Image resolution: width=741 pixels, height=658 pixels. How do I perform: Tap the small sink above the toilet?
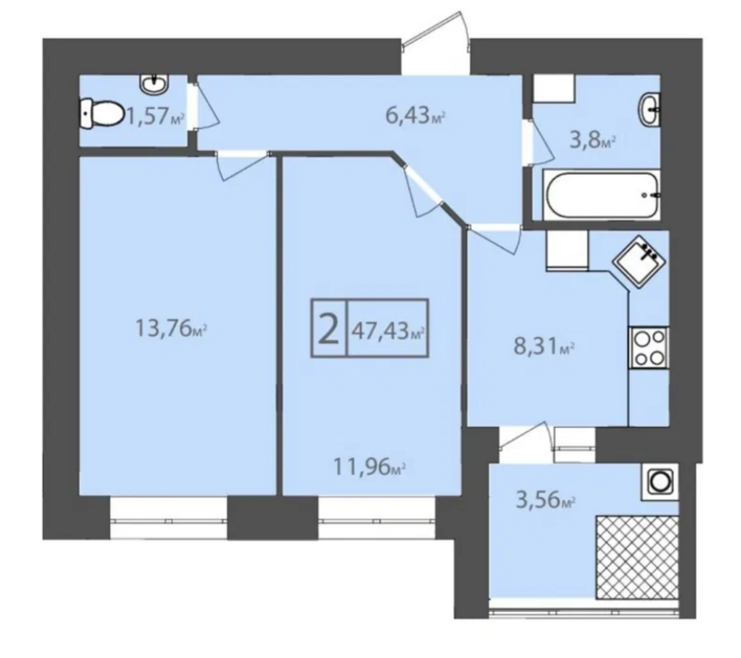tap(154, 84)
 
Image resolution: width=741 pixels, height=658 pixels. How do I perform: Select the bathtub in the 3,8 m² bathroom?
tap(601, 195)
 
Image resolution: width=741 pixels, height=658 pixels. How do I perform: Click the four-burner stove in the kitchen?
tap(648, 348)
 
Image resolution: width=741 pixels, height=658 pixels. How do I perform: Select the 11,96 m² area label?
tap(370, 467)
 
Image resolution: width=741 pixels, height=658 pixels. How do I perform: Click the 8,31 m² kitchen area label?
tap(545, 346)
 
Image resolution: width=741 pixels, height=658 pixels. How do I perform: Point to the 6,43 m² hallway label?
tap(415, 115)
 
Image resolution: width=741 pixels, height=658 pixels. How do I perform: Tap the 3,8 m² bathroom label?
tap(592, 140)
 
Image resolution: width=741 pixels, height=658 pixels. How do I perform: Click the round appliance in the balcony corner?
tap(659, 482)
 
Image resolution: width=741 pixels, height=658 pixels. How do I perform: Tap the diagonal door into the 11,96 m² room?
tap(422, 190)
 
